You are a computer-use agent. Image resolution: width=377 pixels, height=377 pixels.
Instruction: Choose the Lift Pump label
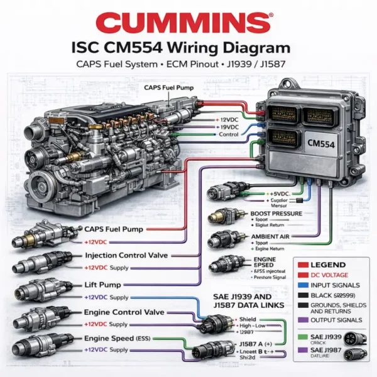(x=104, y=285)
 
